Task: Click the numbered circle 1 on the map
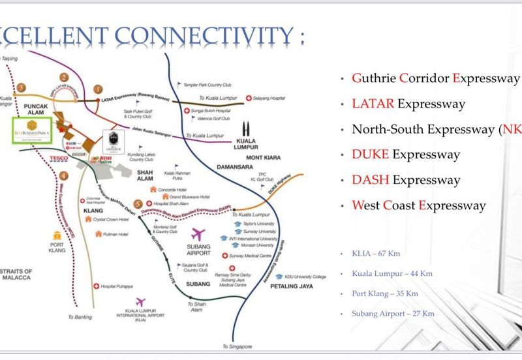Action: (x=99, y=89)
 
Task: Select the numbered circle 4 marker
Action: (x=63, y=175)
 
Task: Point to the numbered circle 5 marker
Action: (x=138, y=204)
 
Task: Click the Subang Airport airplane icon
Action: (x=198, y=234)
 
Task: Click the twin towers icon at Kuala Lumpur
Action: (x=247, y=130)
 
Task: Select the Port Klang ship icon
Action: (x=56, y=233)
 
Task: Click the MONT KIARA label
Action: (x=263, y=157)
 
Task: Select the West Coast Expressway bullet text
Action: (x=419, y=205)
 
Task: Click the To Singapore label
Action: (x=237, y=346)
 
